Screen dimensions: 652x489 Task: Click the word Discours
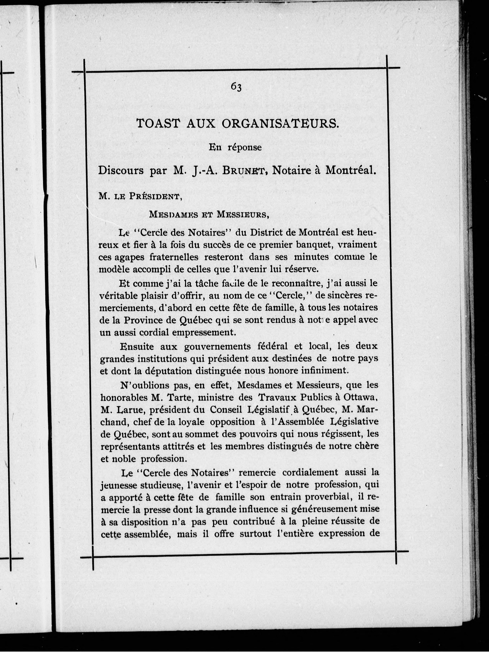pos(121,171)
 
